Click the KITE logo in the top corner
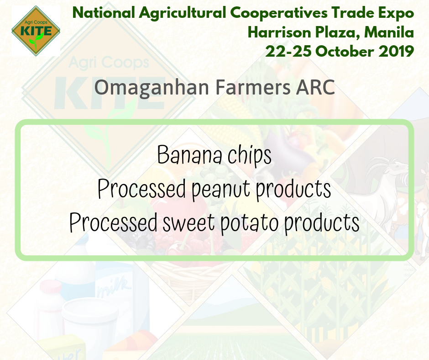[36, 31]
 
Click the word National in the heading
[104, 13]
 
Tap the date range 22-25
[288, 52]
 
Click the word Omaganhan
[152, 88]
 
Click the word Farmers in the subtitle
[253, 87]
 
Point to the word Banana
[189, 155]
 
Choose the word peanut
[221, 190]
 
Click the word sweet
[189, 223]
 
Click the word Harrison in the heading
[279, 32]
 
